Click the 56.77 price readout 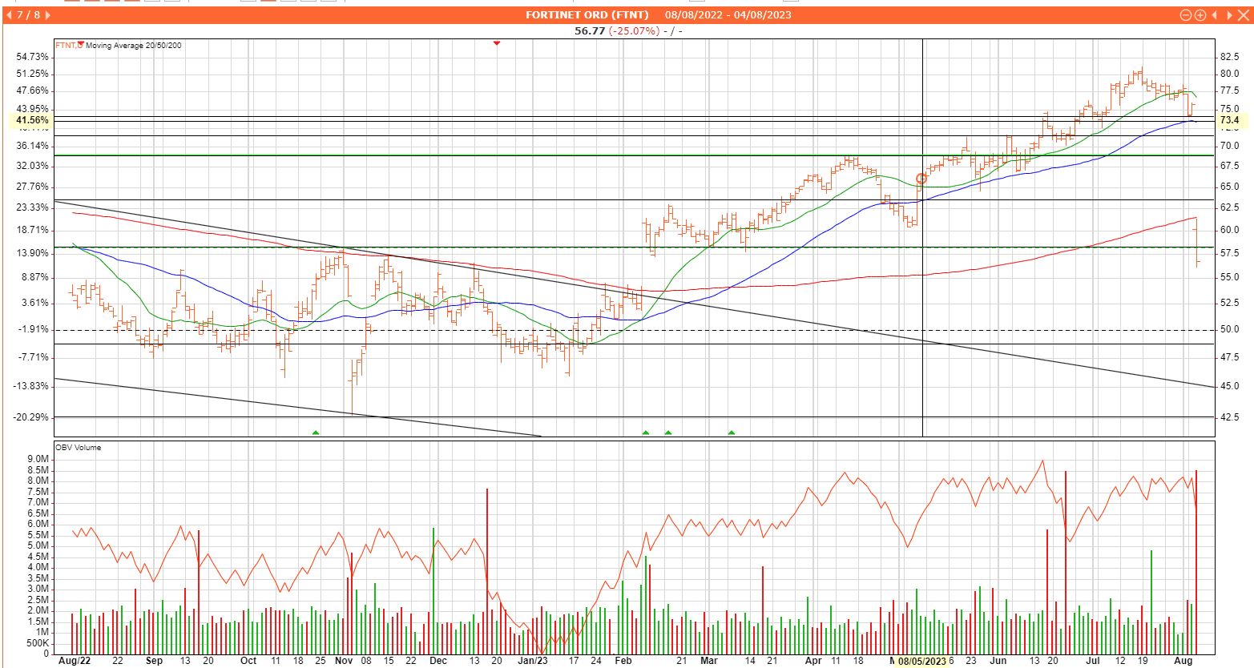point(591,30)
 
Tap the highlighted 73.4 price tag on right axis point(1229,120)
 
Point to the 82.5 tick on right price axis point(1229,57)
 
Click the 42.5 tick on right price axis point(1229,416)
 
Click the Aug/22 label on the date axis point(75,661)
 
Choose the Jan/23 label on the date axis point(533,661)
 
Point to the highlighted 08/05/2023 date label point(921,661)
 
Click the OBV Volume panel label point(78,447)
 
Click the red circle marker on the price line point(921,179)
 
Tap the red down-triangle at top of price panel point(497,42)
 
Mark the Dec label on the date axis point(437,661)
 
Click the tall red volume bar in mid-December point(486,561)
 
